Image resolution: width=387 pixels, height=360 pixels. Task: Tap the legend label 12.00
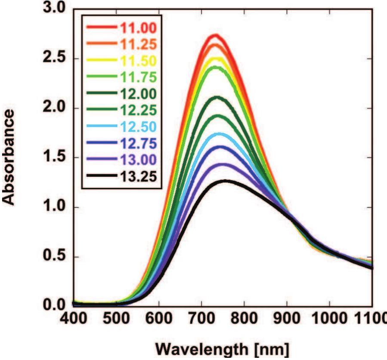point(137,93)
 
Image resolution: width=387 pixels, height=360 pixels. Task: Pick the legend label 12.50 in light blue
point(137,126)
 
